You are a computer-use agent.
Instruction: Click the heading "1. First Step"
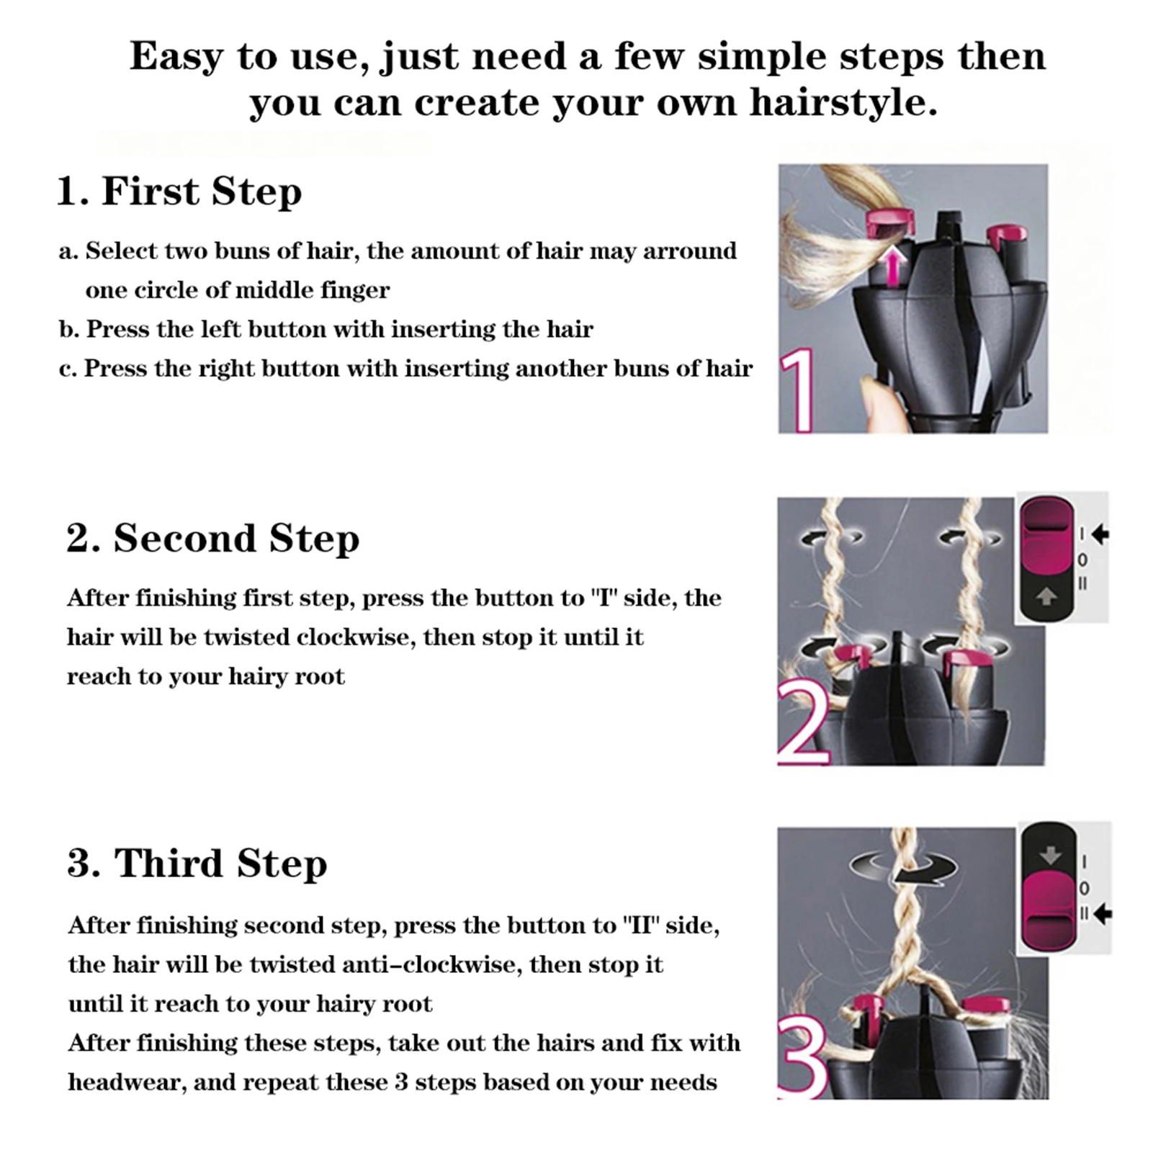click(179, 192)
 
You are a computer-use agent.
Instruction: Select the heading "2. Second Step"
click(212, 538)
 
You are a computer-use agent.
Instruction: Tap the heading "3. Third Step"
click(197, 863)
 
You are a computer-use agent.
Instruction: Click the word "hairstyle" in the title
click(843, 102)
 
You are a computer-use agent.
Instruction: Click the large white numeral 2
click(803, 724)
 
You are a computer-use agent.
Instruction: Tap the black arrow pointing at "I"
click(1100, 534)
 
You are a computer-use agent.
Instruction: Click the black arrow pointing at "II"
click(1103, 915)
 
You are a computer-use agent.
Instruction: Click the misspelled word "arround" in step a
click(690, 251)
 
